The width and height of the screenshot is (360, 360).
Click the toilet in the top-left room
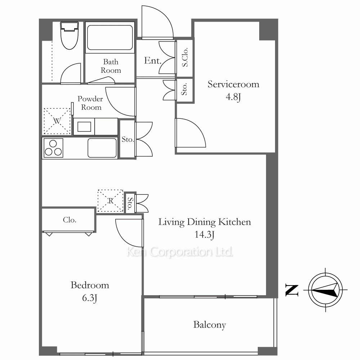(69, 35)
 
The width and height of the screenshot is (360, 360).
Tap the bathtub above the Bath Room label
(110, 38)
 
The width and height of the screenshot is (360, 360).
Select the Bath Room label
(111, 66)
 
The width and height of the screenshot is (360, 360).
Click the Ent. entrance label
(153, 60)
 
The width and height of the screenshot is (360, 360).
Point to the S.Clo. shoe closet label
(185, 57)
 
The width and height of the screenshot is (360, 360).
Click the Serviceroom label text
(233, 84)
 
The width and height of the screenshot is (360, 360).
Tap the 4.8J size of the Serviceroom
(233, 97)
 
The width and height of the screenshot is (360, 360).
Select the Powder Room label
(90, 103)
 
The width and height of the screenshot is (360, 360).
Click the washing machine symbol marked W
(57, 121)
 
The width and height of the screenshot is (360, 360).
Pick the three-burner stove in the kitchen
(53, 148)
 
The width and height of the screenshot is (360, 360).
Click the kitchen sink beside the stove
(102, 148)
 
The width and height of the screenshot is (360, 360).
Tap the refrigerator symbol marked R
(111, 201)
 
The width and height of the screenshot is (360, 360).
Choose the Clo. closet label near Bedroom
(69, 220)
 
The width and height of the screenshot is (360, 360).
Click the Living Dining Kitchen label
(204, 222)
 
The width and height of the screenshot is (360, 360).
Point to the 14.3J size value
(204, 235)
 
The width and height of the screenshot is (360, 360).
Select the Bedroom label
(90, 285)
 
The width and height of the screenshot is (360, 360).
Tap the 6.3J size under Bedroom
(90, 298)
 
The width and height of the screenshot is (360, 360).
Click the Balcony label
(210, 325)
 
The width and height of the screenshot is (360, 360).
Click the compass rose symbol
(325, 290)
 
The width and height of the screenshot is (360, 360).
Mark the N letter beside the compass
(292, 290)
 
